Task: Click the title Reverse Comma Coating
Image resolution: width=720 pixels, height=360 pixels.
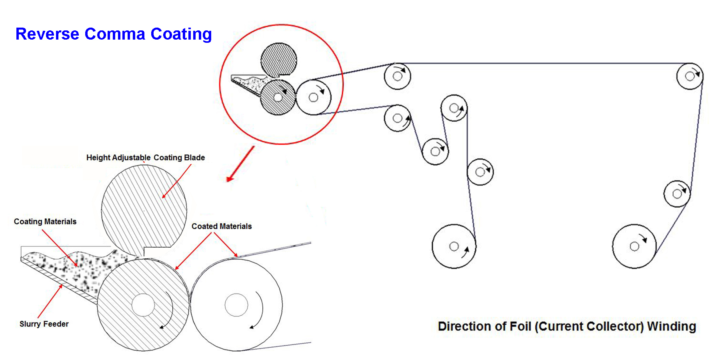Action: tap(114, 34)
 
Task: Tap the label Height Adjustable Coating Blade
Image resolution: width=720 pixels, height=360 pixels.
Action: tap(145, 158)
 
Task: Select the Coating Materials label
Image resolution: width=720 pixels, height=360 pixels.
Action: tap(45, 222)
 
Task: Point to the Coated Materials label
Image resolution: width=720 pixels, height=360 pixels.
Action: tap(222, 226)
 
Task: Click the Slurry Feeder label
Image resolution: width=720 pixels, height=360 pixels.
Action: tap(44, 324)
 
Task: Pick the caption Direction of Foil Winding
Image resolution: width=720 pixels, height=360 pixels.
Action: tap(567, 326)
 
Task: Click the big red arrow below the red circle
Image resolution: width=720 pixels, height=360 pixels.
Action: tap(240, 164)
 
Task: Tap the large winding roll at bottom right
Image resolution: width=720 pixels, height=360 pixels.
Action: tap(634, 246)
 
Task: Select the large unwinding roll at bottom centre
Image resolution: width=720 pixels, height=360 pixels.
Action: tap(454, 246)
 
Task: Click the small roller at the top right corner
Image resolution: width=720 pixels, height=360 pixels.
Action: tap(690, 76)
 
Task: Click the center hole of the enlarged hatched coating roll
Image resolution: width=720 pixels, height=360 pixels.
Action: tap(143, 305)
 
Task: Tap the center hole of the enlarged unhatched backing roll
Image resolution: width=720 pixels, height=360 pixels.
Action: tap(236, 305)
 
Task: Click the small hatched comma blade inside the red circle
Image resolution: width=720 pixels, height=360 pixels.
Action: tap(278, 60)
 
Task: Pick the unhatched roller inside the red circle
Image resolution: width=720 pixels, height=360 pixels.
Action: tap(313, 98)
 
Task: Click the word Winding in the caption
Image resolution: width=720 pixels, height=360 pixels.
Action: tap(672, 326)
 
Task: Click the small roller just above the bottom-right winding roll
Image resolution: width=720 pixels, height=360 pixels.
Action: tap(677, 194)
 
